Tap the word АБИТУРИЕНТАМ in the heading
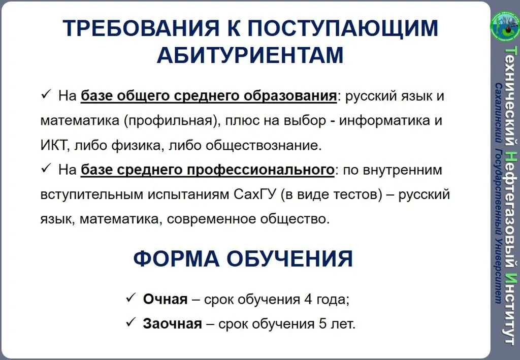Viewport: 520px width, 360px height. click(x=250, y=55)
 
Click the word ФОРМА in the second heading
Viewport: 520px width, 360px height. click(x=174, y=259)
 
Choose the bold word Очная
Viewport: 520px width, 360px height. click(x=165, y=299)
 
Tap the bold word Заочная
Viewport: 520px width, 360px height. click(x=172, y=323)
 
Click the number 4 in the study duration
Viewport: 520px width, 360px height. click(x=308, y=299)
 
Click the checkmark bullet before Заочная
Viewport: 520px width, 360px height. click(x=130, y=322)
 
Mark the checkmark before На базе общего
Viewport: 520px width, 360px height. click(x=44, y=94)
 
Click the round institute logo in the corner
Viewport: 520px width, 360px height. click(x=504, y=24)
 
